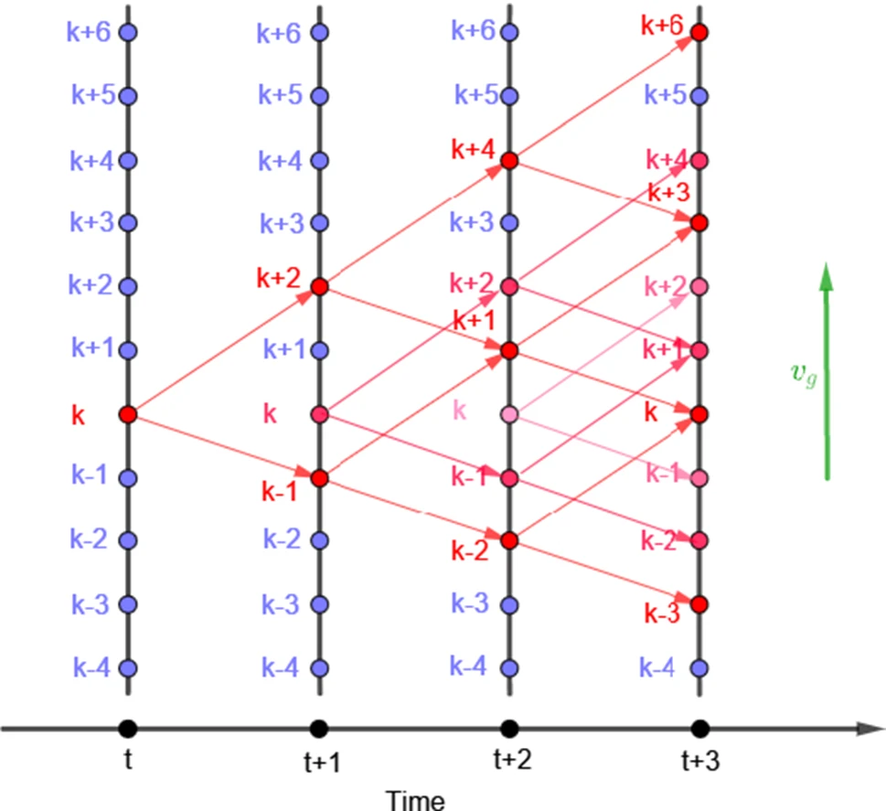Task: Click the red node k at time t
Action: (x=128, y=414)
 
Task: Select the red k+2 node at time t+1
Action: (x=319, y=287)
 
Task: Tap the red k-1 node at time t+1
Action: (x=319, y=477)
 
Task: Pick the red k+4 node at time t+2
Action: (x=510, y=160)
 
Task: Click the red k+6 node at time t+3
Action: (x=699, y=33)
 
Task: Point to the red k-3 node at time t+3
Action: (x=699, y=604)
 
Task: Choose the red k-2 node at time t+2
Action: (x=510, y=540)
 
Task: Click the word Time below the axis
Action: (x=415, y=799)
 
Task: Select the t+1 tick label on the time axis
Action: (x=321, y=761)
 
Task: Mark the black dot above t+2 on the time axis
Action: (x=510, y=729)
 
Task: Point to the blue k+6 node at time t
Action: (x=128, y=33)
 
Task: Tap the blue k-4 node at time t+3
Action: (x=699, y=667)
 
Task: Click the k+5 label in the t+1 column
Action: (x=279, y=95)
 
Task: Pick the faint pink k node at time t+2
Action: (x=510, y=414)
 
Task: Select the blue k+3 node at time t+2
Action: (x=510, y=223)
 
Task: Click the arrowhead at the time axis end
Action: (x=863, y=729)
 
